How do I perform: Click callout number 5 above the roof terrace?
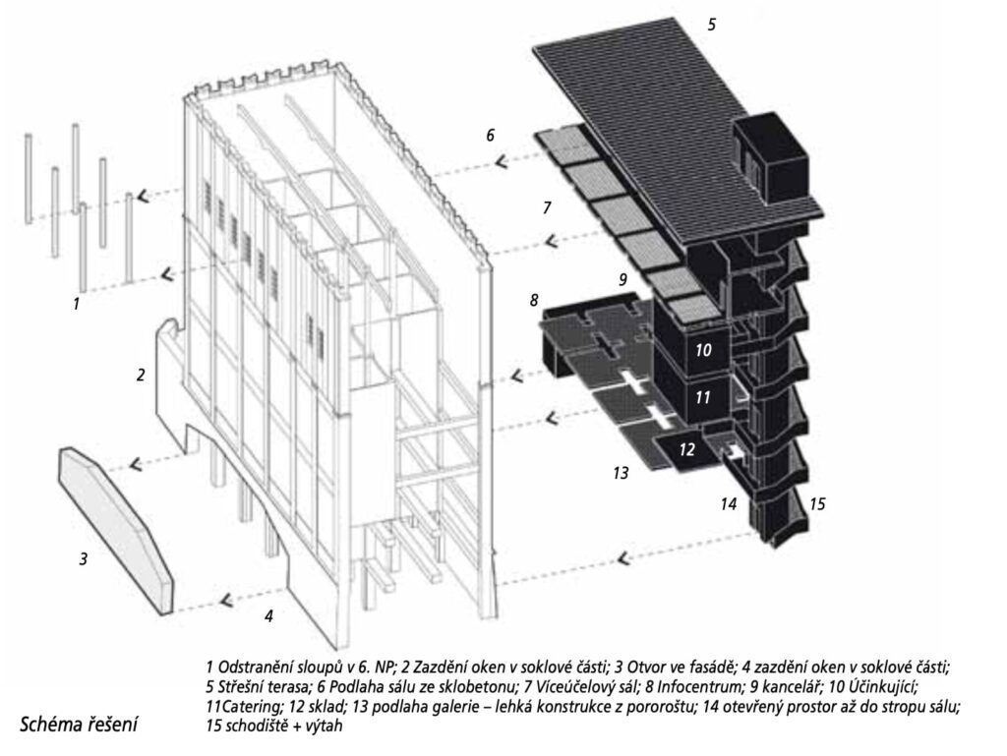[x=712, y=25]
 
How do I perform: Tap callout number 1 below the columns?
[x=77, y=303]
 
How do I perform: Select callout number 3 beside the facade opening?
[x=83, y=559]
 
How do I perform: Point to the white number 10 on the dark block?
[x=703, y=350]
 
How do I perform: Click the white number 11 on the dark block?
[x=702, y=397]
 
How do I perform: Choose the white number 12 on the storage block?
[x=686, y=448]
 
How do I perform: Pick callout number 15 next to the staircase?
[x=817, y=503]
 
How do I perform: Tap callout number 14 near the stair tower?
[x=729, y=503]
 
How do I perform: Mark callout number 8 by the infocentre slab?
[x=534, y=300]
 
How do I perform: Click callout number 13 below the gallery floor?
[x=621, y=473]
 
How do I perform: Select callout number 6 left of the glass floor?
[x=491, y=136]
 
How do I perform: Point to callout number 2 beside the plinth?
[x=141, y=375]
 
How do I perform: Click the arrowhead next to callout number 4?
[x=225, y=601]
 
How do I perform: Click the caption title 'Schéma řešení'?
[x=79, y=726]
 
